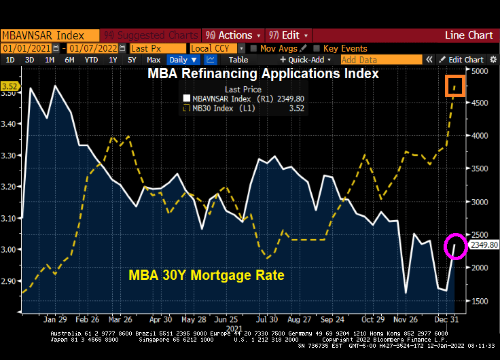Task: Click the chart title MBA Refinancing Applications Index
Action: (x=263, y=73)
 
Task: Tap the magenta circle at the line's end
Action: (x=456, y=246)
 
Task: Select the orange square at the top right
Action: (x=455, y=86)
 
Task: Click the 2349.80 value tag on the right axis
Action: (x=484, y=245)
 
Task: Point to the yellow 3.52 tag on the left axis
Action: (x=10, y=86)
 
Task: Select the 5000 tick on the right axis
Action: (x=480, y=71)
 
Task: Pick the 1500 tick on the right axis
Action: (x=480, y=301)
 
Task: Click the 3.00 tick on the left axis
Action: (x=10, y=249)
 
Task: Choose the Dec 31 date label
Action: (x=446, y=319)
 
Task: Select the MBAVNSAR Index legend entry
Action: (x=219, y=99)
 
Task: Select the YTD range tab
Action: (x=90, y=60)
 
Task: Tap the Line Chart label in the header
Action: (x=469, y=35)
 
